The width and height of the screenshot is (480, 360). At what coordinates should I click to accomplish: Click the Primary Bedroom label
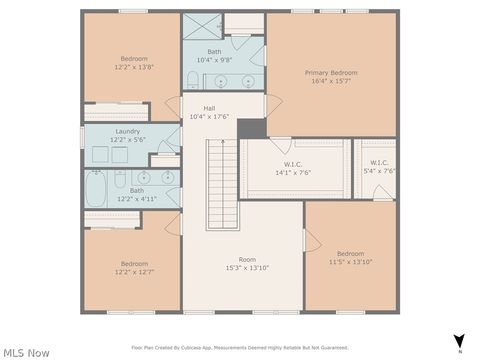(x=331, y=73)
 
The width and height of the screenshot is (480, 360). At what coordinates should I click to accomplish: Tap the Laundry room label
(x=128, y=131)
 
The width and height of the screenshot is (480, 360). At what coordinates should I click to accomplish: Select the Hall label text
(x=209, y=108)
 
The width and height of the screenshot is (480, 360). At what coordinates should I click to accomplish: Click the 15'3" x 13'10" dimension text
(x=247, y=268)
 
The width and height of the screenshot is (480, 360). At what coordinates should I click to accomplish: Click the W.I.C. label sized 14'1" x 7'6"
(x=293, y=163)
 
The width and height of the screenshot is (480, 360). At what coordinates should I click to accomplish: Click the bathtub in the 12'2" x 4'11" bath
(x=97, y=186)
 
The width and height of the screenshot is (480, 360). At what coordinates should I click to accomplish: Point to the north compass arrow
(x=459, y=341)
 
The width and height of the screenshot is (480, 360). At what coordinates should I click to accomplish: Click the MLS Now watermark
(x=26, y=352)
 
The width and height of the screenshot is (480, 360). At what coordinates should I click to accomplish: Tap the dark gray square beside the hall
(x=252, y=128)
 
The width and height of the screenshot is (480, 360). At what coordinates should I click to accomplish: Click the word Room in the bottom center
(x=247, y=259)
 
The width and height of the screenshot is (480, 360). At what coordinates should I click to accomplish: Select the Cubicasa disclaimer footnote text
(x=240, y=348)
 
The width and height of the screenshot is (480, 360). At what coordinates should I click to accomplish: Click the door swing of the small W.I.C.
(x=383, y=192)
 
